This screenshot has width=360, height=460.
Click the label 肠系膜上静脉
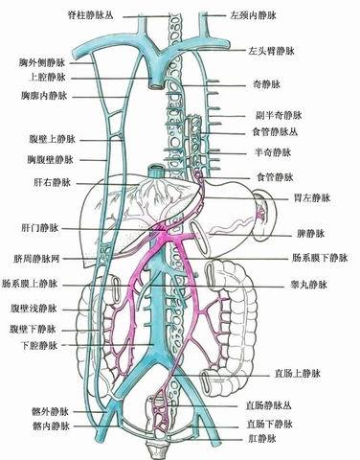(x=35, y=285)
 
